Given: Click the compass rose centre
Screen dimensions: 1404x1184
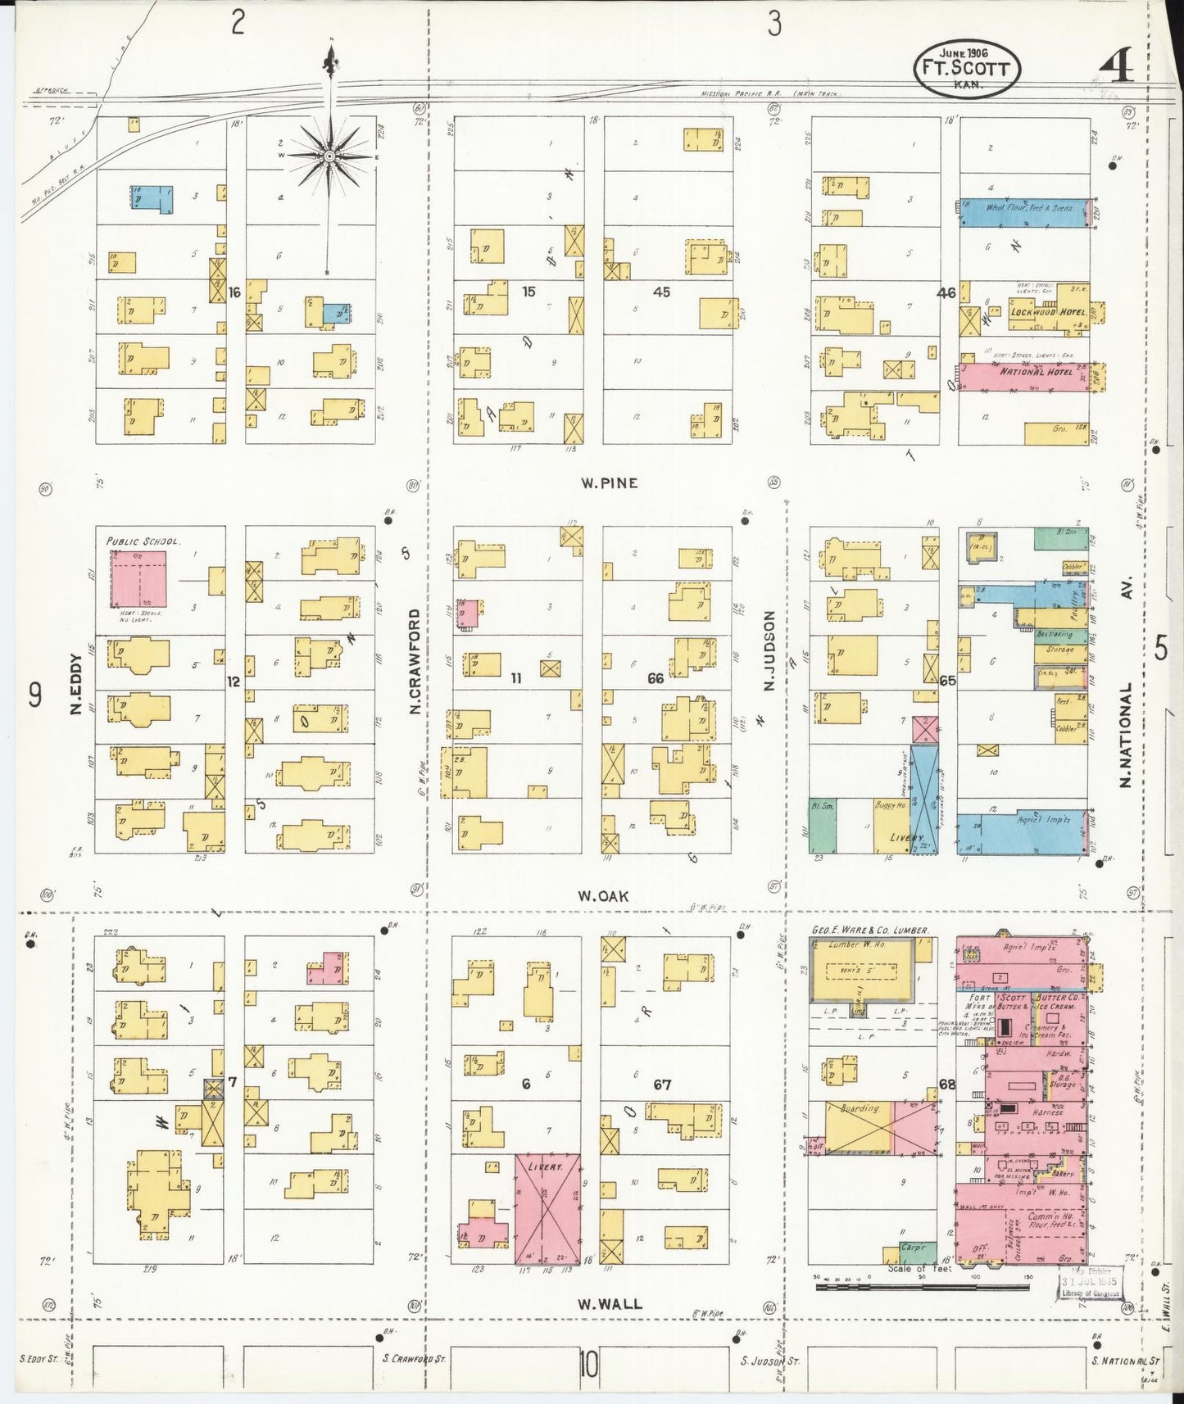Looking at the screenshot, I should point(329,155).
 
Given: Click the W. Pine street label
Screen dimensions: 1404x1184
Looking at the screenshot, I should point(609,483).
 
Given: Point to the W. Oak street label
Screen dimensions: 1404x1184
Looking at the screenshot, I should point(603,896).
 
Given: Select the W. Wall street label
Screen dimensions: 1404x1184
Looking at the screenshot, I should point(610,1304).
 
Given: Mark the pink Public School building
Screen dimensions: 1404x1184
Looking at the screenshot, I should point(138,579).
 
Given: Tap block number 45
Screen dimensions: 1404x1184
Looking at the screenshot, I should point(661,292).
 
